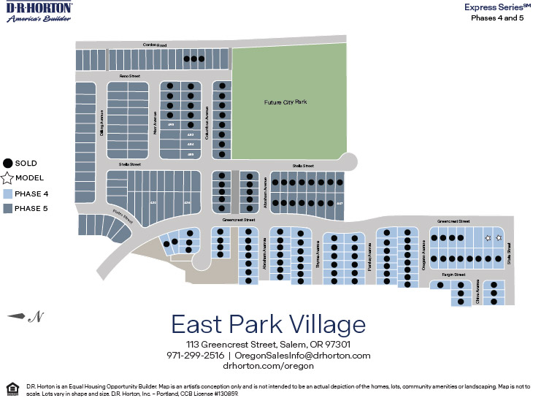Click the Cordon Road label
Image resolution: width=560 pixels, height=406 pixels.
click(154, 45)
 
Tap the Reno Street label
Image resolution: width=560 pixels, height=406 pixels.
click(129, 75)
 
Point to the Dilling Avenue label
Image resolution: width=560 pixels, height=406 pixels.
click(102, 122)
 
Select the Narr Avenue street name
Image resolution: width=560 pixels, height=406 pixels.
click(156, 121)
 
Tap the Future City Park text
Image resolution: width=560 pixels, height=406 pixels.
click(285, 102)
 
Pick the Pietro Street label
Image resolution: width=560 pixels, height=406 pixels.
click(123, 217)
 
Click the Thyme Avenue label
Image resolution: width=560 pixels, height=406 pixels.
click(318, 257)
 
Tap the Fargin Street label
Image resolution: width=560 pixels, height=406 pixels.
click(453, 275)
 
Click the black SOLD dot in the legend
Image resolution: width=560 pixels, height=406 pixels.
click(7, 164)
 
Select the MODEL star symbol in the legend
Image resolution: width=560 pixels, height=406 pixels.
click(7, 178)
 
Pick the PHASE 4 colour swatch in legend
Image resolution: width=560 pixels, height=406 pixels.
click(7, 194)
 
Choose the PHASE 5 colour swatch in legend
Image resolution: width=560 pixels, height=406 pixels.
click(7, 208)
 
